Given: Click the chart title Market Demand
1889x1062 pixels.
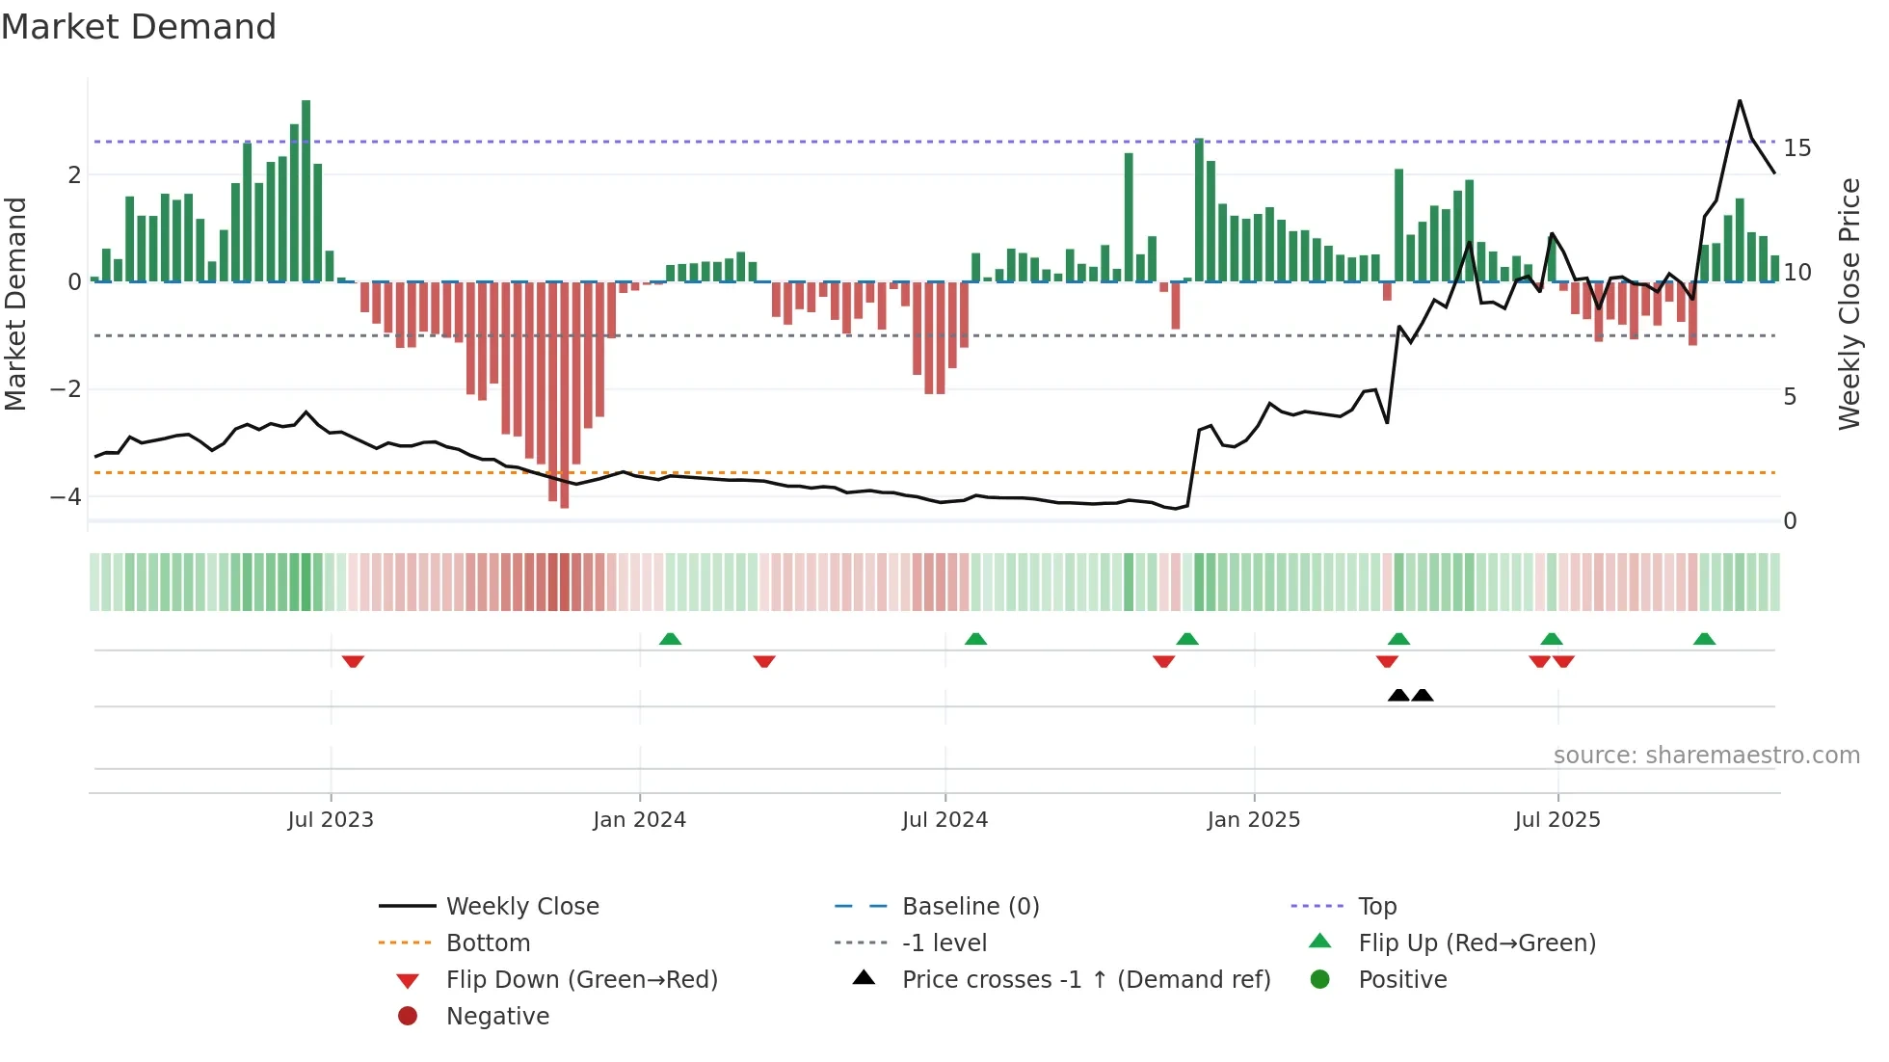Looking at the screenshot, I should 139,27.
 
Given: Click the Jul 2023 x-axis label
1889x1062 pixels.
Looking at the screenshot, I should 331,820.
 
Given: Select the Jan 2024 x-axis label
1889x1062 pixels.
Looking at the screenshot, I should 639,820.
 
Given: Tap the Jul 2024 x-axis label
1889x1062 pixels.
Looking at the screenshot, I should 944,820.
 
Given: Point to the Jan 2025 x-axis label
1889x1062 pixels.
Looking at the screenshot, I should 1253,820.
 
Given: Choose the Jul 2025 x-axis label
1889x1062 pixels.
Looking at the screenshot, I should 1557,820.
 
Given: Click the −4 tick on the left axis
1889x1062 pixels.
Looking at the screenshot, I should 66,497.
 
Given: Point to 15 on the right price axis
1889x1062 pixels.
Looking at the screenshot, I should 1796,148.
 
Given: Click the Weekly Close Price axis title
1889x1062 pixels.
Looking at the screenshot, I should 1849,304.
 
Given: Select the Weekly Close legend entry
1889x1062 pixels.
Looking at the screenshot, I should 521,907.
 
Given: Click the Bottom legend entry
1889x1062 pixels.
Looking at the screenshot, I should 488,943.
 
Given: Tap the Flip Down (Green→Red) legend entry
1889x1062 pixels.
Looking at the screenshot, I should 581,980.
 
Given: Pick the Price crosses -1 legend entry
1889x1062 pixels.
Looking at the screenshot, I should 1086,980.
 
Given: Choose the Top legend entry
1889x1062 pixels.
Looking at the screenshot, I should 1377,907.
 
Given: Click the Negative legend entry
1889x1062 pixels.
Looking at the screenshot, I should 497,1017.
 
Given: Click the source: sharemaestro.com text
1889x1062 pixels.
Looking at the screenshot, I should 1706,756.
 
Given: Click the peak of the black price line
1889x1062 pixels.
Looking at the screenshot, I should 1740,100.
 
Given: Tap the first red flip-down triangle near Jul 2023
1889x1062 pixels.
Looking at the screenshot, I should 353,662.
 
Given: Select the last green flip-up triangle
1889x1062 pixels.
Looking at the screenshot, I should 1704,639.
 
